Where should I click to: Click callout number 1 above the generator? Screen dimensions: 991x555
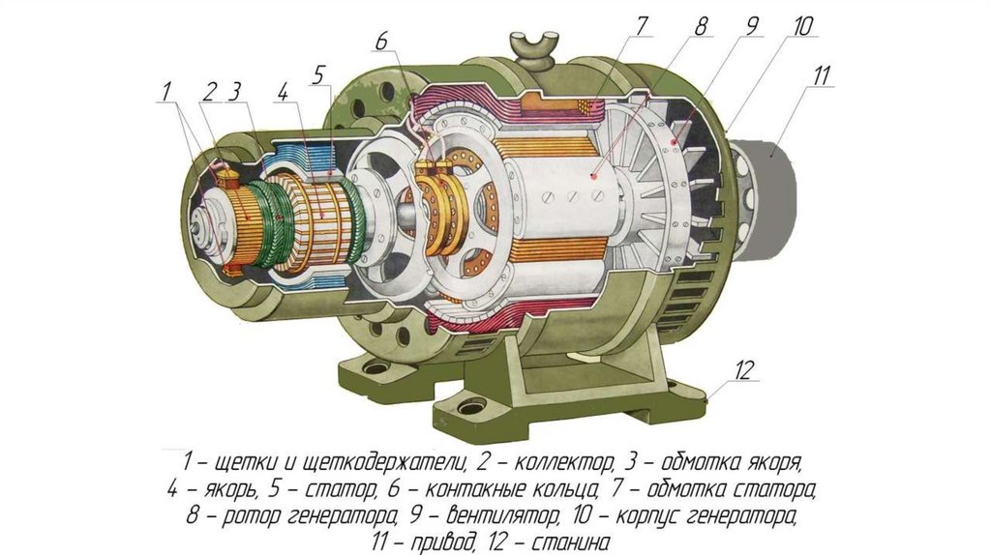pos(166,92)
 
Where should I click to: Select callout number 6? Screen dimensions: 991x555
pos(381,42)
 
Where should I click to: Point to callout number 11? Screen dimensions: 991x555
pos(821,74)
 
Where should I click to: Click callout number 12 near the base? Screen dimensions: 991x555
pos(744,369)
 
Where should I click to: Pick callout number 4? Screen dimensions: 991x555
pos(283,92)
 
